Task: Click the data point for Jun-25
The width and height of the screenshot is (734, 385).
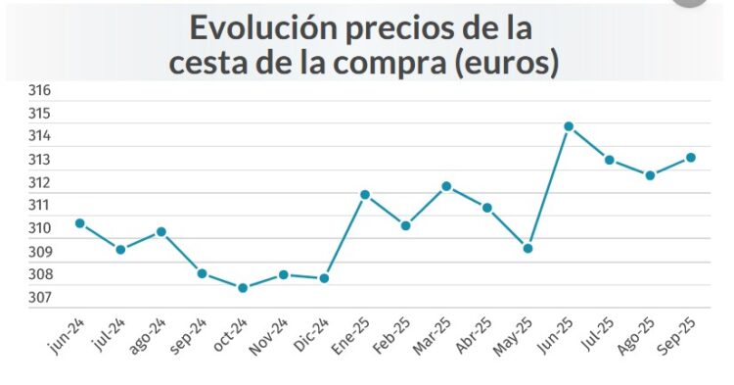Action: pyautogui.click(x=569, y=126)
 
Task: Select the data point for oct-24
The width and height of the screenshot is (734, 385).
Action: pyautogui.click(x=243, y=288)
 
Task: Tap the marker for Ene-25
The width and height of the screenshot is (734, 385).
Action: pyautogui.click(x=365, y=194)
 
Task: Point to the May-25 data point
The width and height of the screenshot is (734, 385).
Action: pyautogui.click(x=528, y=248)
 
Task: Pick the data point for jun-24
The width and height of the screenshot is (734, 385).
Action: pyautogui.click(x=79, y=223)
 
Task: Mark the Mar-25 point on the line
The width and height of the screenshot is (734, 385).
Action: pyautogui.click(x=446, y=186)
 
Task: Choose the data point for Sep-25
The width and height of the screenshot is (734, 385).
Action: pyautogui.click(x=691, y=157)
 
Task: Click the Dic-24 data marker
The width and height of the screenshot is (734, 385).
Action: pyautogui.click(x=324, y=278)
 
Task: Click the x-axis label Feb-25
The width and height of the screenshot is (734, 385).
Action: pyautogui.click(x=394, y=336)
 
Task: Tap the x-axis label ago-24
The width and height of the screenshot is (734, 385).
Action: pyautogui.click(x=150, y=336)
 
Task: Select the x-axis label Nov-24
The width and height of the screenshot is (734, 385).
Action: pyautogui.click(x=272, y=336)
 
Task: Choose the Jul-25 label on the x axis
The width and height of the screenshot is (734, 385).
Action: pyautogui.click(x=598, y=336)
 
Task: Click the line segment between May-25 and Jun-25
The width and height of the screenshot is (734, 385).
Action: pyautogui.click(x=548, y=187)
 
